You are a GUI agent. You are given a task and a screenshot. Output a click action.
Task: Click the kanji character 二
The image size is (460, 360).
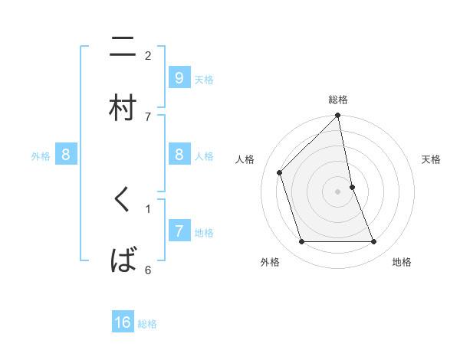pos(123,49)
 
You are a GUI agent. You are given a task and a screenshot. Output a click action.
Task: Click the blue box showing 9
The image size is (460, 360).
pos(179,78)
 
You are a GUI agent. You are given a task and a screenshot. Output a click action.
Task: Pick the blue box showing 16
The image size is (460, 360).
pos(123,322)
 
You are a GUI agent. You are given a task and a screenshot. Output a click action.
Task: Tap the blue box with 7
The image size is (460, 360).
pos(179,231)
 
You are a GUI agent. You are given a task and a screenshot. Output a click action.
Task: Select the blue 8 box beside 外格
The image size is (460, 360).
pos(66,155)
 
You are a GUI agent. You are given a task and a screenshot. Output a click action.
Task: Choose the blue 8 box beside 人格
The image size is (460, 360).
pos(179,155)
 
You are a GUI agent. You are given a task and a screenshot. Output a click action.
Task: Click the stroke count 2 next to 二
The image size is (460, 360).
pos(148,55)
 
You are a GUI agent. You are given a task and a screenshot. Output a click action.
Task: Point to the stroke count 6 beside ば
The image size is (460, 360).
pos(148,270)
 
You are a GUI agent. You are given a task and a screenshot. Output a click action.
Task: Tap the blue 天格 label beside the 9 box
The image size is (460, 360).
pos(204,79)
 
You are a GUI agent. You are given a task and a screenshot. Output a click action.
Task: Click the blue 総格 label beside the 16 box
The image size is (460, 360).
pos(147,324)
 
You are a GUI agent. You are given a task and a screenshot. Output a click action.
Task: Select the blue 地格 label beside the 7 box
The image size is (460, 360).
pos(204,232)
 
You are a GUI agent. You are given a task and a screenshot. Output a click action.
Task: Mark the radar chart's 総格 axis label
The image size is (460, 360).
pos(338,100)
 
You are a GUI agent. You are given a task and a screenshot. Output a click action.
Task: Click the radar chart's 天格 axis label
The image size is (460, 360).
pos(432,159)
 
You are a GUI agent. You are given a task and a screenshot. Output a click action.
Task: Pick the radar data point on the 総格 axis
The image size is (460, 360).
pos(338,116)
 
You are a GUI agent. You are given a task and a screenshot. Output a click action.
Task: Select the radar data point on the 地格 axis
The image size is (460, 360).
pos(374,241)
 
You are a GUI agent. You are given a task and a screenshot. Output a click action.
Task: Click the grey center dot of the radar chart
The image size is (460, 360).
pos(338,191)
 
